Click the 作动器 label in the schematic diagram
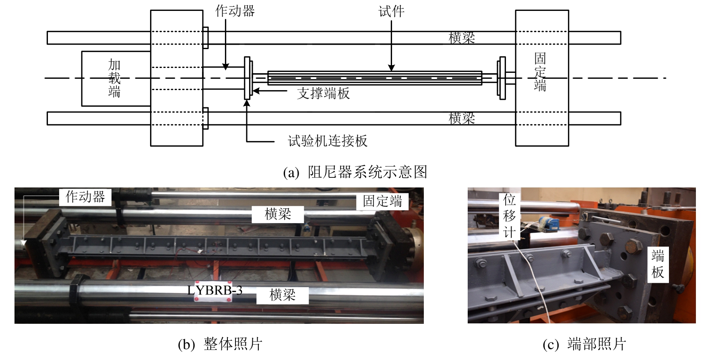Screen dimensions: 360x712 [235, 11]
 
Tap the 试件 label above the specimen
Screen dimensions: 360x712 [391, 11]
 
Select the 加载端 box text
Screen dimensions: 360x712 [114, 78]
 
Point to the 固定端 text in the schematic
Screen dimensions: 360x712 [540, 72]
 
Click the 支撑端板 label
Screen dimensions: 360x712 [323, 93]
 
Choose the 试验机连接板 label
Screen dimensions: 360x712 [328, 141]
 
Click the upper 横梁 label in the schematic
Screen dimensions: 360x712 [462, 38]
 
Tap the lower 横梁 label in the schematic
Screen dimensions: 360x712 [462, 118]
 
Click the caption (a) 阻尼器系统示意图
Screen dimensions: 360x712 [355, 172]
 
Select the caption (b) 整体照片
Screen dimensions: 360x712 [220, 344]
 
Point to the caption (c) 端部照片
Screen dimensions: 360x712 [584, 344]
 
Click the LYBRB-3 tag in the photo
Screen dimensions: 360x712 [215, 290]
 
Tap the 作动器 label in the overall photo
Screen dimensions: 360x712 [85, 197]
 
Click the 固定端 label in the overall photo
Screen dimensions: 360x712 [382, 201]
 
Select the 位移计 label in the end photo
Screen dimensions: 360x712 [509, 216]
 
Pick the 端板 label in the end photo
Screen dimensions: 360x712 [658, 264]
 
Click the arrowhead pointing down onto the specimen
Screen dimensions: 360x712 [391, 68]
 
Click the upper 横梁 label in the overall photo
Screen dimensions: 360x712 [278, 214]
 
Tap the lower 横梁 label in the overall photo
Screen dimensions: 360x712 [282, 295]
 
